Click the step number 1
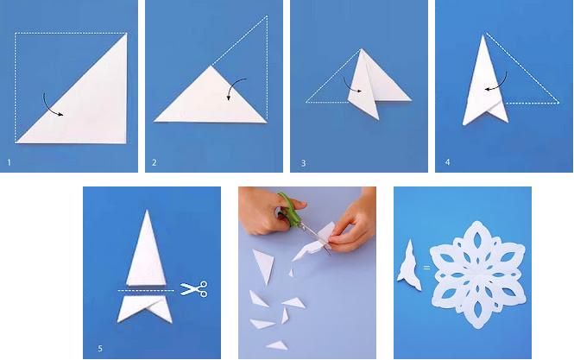pyautogui.click(x=9, y=162)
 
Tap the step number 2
pyautogui.click(x=155, y=162)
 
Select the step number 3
pyautogui.click(x=303, y=163)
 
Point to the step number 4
pyautogui.click(x=447, y=162)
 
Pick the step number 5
pyautogui.click(x=100, y=348)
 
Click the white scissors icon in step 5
pyautogui.click(x=194, y=288)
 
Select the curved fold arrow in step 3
pyautogui.click(x=350, y=86)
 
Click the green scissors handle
pyautogui.click(x=291, y=208)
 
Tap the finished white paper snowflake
pyautogui.click(x=478, y=275)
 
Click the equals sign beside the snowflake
pyautogui.click(x=426, y=268)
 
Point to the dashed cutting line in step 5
pyautogui.click(x=146, y=290)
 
